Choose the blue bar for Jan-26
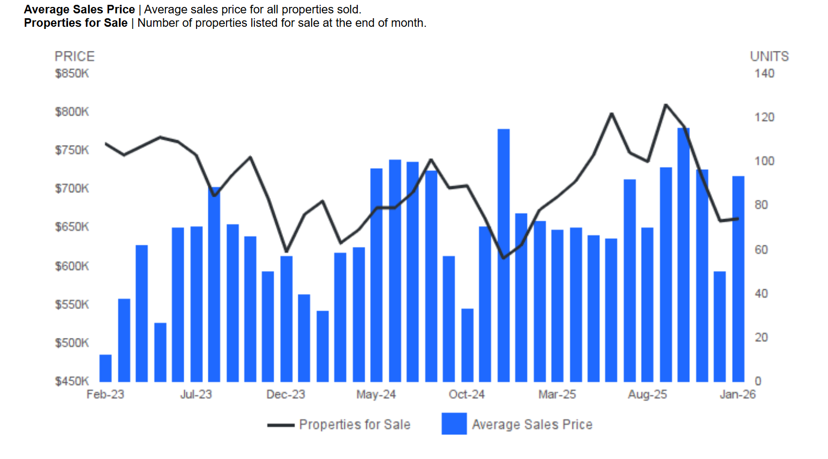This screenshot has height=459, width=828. [x=738, y=279]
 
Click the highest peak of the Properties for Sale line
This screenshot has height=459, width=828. [x=666, y=105]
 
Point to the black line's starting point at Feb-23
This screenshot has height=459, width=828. [x=106, y=144]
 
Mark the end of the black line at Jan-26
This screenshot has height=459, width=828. [x=738, y=219]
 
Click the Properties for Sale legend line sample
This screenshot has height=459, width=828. [x=281, y=425]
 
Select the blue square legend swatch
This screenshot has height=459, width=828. [x=454, y=424]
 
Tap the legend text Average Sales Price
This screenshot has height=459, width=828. [x=532, y=425]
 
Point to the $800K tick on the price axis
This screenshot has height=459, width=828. [x=72, y=112]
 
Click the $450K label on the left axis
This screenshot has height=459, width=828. [x=72, y=381]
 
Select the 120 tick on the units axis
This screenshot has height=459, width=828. [x=764, y=117]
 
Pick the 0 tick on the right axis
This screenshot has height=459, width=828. [x=758, y=381]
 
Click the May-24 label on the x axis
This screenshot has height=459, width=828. [x=376, y=395]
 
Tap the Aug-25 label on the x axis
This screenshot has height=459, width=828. [x=648, y=395]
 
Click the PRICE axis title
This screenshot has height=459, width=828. [x=74, y=56]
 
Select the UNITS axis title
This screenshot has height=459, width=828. [x=769, y=56]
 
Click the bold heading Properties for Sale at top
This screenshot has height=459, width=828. [x=76, y=23]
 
